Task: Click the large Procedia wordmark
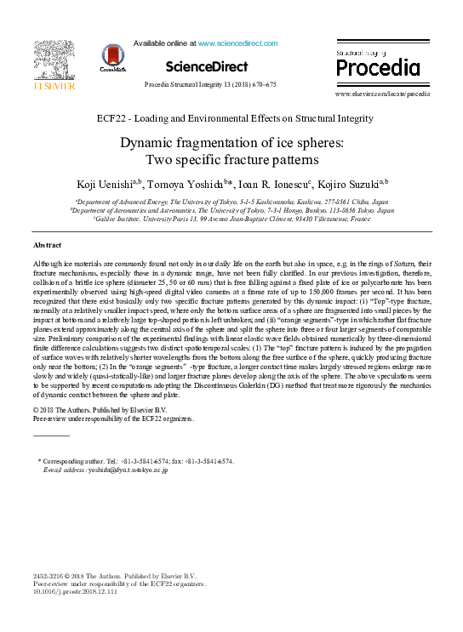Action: tap(378, 68)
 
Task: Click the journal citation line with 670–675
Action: tap(210, 85)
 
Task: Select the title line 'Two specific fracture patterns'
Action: tap(231, 159)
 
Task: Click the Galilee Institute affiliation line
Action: tap(231, 219)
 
